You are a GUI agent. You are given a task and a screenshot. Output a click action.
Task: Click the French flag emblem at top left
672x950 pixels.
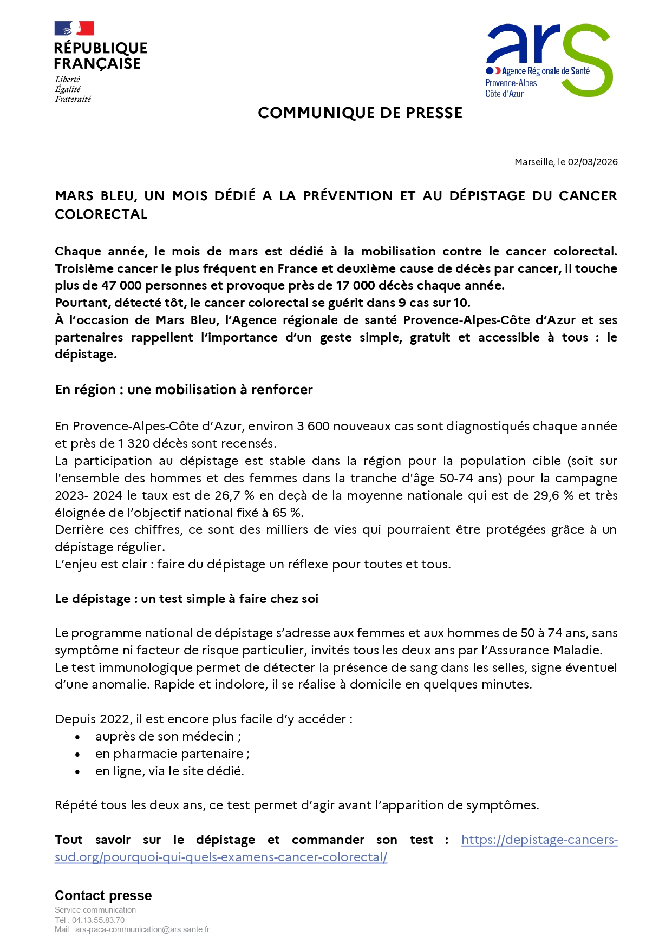click(74, 28)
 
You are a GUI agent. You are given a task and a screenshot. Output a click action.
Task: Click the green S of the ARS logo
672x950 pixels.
click(588, 61)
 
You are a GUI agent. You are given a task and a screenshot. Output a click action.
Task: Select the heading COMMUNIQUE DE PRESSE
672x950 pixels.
click(360, 113)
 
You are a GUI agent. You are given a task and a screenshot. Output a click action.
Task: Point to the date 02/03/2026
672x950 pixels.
click(592, 162)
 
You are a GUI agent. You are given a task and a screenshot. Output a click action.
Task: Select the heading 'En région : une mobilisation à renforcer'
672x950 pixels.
click(184, 390)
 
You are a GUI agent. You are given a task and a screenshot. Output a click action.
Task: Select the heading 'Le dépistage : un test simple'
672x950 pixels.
click(186, 599)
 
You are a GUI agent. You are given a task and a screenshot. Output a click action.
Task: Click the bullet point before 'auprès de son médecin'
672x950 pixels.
click(78, 737)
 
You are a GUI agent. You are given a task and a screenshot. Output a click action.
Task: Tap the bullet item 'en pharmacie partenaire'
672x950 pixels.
click(172, 754)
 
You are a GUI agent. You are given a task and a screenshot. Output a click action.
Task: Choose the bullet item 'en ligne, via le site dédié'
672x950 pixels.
click(169, 771)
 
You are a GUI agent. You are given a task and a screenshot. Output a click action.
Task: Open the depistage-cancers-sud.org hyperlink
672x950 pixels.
click(220, 857)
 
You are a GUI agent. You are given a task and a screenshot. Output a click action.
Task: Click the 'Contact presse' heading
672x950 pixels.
click(103, 896)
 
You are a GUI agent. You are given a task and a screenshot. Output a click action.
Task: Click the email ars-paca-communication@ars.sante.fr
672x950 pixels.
click(142, 930)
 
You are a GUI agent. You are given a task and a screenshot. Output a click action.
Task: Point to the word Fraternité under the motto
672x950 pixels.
click(73, 99)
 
